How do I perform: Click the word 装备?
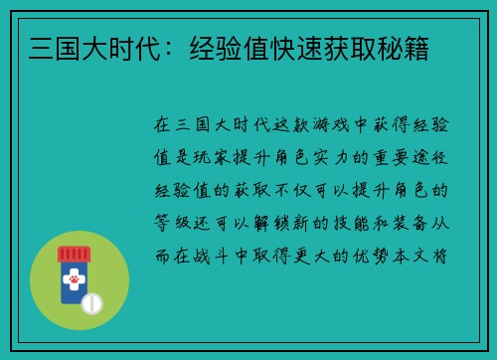click(410, 221)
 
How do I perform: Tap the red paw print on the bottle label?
click(74, 280)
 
